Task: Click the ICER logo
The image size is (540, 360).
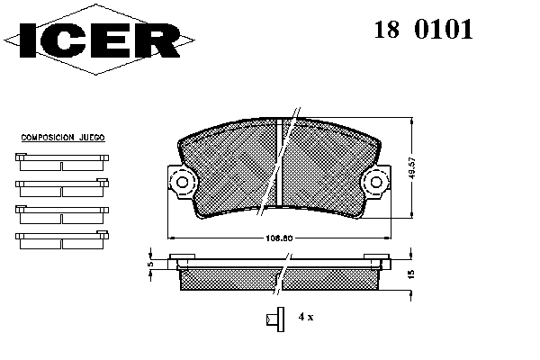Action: (x=99, y=40)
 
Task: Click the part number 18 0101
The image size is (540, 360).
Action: (x=423, y=30)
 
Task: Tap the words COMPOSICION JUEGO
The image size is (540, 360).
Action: (x=63, y=138)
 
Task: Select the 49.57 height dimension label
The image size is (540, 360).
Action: (x=413, y=167)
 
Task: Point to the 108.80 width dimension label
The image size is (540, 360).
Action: (x=279, y=238)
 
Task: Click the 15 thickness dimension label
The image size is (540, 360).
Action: (x=411, y=274)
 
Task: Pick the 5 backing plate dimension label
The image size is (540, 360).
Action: (x=150, y=264)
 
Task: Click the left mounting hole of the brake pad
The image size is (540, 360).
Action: (x=182, y=182)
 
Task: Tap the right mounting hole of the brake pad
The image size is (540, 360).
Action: (x=376, y=182)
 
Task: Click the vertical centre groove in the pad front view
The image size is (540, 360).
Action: (x=280, y=163)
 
